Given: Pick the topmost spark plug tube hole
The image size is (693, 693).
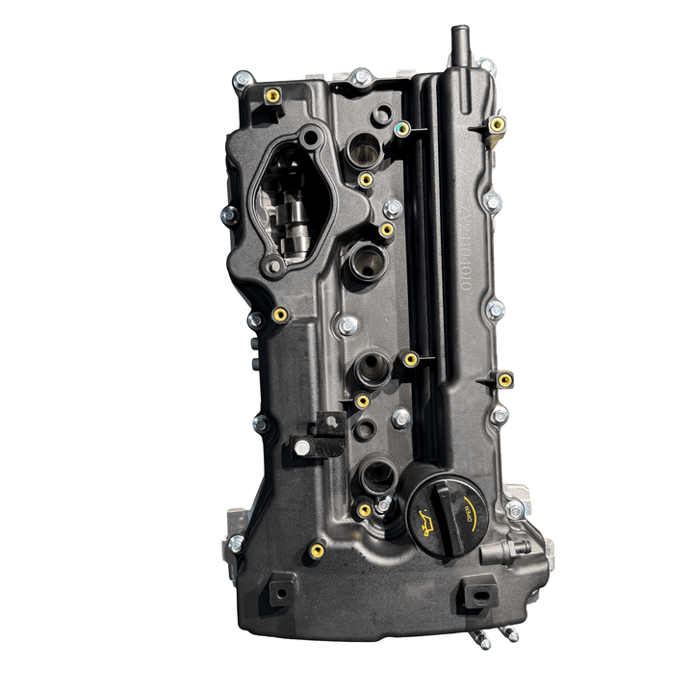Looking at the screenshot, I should coord(365,148).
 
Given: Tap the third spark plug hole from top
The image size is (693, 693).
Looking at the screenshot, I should coord(372,366).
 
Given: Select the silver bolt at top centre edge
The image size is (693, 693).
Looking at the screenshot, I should coord(361,75).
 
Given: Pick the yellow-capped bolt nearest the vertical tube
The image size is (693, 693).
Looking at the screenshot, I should coord(497,125).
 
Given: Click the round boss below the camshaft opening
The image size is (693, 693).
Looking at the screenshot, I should coord(275,266).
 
